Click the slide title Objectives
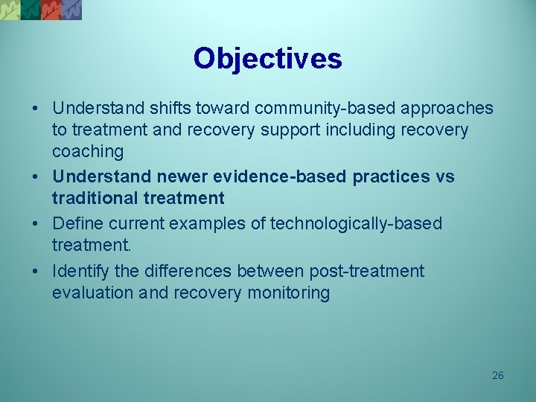point(267,58)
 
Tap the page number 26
point(498,375)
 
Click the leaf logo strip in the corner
point(41,9)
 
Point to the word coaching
point(88,152)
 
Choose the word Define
point(78,223)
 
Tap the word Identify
point(81,271)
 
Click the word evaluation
point(93,293)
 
